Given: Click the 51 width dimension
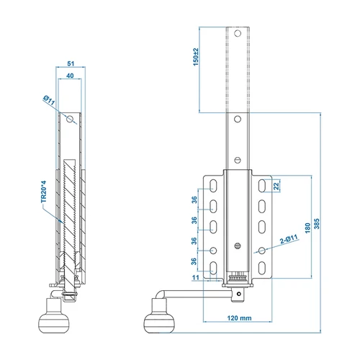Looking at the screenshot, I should (x=70, y=63).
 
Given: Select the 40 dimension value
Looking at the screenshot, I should (x=70, y=75).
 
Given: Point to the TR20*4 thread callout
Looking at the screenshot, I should (x=42, y=192).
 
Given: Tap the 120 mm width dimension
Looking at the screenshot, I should (x=234, y=318).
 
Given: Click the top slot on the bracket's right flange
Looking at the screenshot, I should (x=265, y=187).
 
